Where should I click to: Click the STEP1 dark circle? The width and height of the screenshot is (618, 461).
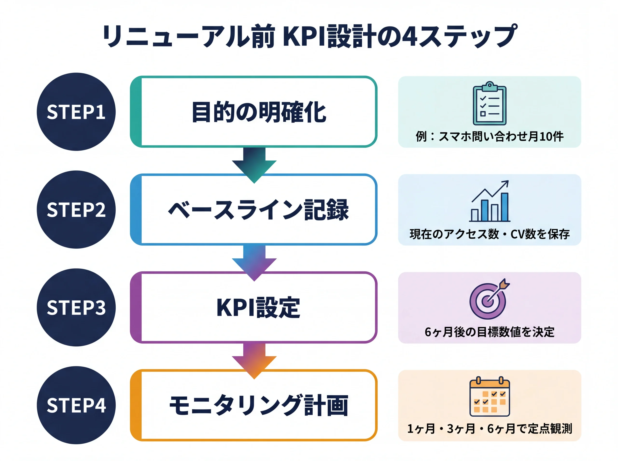pyautogui.click(x=76, y=112)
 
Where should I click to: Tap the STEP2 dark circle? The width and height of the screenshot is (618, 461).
pyautogui.click(x=76, y=210)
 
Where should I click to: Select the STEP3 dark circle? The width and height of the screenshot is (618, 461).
pyautogui.click(x=76, y=307)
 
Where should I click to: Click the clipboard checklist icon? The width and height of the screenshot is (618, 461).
pyautogui.click(x=489, y=103)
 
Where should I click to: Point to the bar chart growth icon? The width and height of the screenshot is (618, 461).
pyautogui.click(x=489, y=201)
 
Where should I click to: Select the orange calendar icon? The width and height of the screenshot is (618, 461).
pyautogui.click(x=489, y=397)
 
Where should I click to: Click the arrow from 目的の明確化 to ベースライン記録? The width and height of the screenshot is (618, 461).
pyautogui.click(x=254, y=165)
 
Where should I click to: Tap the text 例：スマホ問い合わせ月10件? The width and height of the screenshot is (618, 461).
pyautogui.click(x=489, y=137)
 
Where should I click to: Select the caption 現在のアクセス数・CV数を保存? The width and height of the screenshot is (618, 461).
pyautogui.click(x=489, y=234)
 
